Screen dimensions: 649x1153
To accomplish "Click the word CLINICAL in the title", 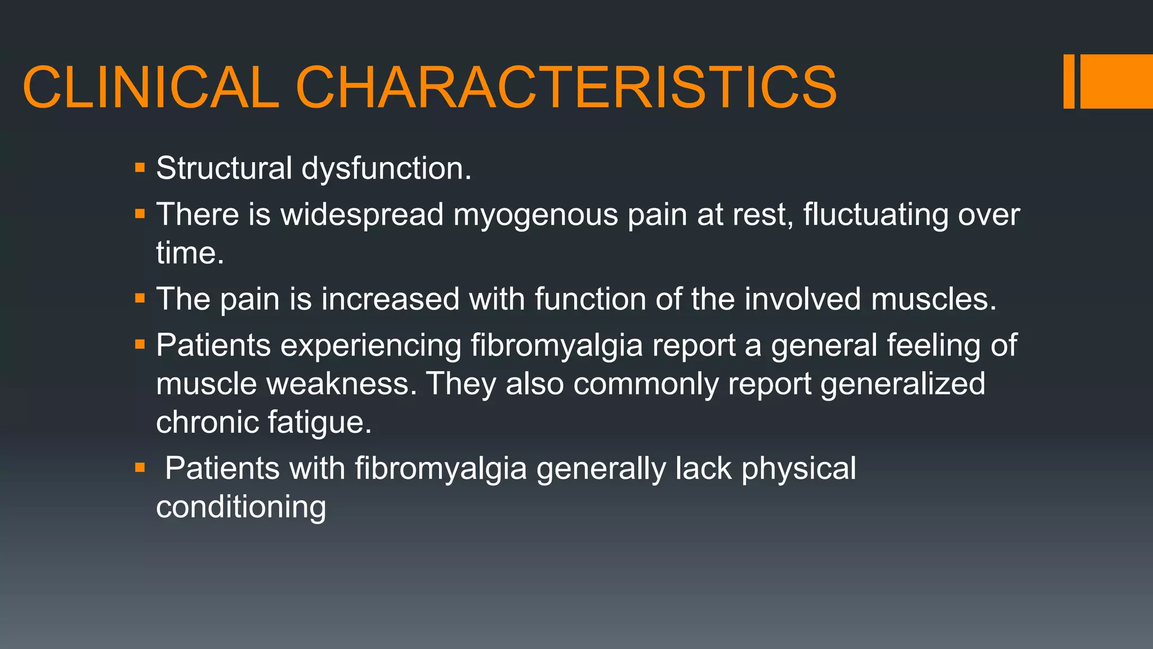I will [x=151, y=87].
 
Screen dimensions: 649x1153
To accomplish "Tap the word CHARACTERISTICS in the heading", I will [x=566, y=87].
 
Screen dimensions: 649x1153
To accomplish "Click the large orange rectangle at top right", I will [x=1116, y=81].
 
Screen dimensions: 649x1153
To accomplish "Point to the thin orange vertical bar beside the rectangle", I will [x=1069, y=81].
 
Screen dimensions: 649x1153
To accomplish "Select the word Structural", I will [x=224, y=168].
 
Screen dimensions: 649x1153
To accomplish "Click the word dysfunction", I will [x=386, y=168].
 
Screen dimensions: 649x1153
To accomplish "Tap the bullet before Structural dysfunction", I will [x=140, y=168].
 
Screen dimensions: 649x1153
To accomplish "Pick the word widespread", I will [x=362, y=215].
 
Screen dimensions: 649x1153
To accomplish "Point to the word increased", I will [x=390, y=299].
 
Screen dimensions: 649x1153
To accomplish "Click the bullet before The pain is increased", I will [x=140, y=298].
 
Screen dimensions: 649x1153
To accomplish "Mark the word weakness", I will [x=342, y=384].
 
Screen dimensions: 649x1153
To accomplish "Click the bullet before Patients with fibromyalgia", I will [x=140, y=468].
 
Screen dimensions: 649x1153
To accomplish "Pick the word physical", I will [x=798, y=469].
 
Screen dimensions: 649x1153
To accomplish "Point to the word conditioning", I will [x=241, y=507].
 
